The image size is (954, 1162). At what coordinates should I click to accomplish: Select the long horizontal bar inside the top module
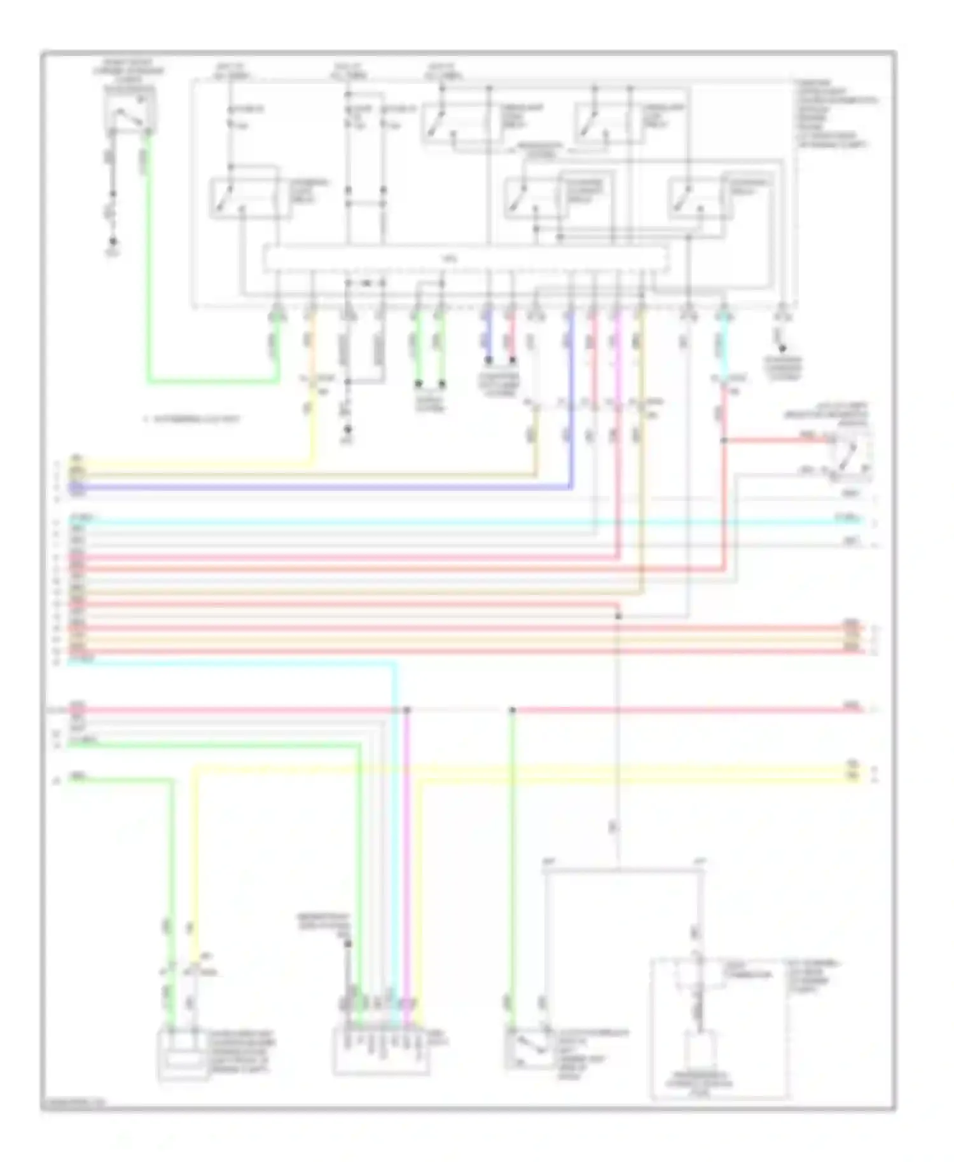pos(466,259)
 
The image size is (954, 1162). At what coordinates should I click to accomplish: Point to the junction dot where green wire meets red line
pos(513,709)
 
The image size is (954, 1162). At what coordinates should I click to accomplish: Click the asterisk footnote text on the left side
pos(191,420)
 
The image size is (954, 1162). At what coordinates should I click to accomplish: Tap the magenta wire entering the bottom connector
pos(408,890)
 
